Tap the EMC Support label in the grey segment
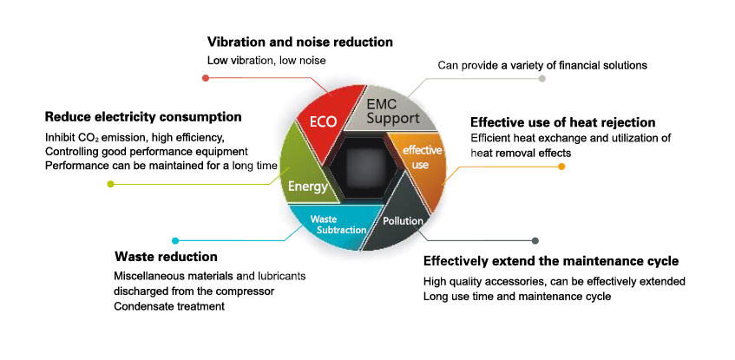(x=393, y=110)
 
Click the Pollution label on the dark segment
(x=403, y=220)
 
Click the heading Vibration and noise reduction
(x=300, y=42)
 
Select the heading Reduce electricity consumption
(x=143, y=116)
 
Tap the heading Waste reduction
(x=166, y=257)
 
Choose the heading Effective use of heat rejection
(x=562, y=122)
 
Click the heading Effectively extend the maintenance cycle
(x=550, y=261)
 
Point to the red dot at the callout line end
(x=206, y=78)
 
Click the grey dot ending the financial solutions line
(x=542, y=79)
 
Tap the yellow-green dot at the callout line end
(x=110, y=184)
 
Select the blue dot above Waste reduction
(x=175, y=240)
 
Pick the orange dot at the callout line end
(x=561, y=166)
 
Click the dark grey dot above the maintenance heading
(x=535, y=240)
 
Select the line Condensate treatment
(x=164, y=306)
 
